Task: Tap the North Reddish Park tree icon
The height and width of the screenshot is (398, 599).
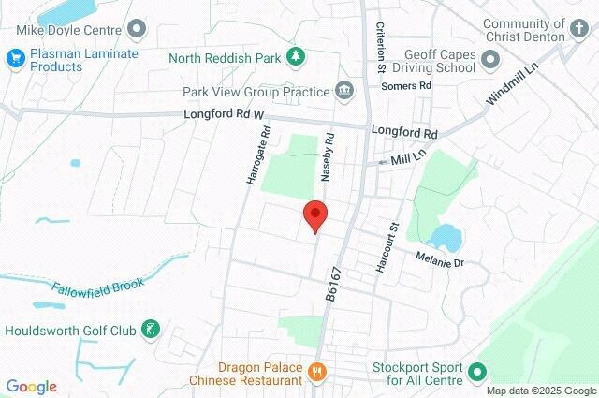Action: pos(296,57)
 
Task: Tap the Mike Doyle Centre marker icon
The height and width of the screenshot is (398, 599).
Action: pos(138,29)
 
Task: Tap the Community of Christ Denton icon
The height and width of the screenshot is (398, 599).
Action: pos(582,35)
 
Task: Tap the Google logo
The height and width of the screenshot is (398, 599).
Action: pos(30,387)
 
